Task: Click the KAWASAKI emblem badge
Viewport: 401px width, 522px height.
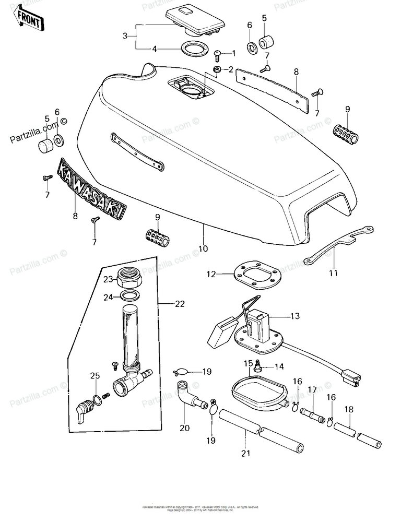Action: point(91,188)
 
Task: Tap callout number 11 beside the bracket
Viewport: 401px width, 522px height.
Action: point(333,272)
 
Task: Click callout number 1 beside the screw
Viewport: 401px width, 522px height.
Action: point(233,53)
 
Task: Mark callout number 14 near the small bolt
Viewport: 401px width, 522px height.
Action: point(279,367)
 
